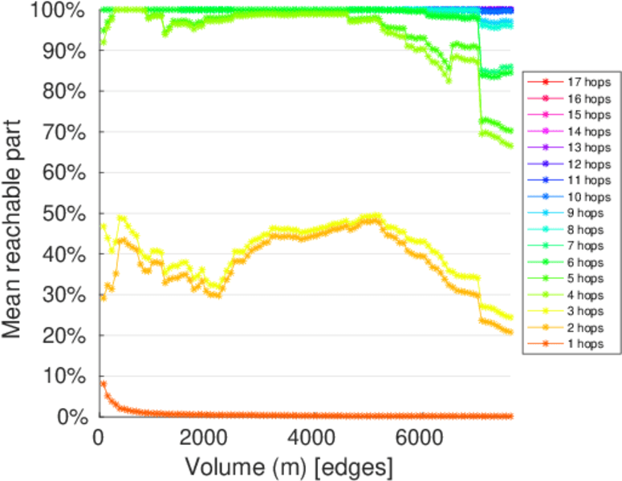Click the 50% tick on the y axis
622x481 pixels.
65,213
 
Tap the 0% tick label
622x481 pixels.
70,417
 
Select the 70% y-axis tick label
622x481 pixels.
65,131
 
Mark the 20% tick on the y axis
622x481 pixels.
65,335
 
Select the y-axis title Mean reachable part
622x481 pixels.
17,213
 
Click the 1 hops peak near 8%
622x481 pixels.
103,384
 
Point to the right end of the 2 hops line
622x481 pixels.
510,332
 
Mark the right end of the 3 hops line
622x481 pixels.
510,317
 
